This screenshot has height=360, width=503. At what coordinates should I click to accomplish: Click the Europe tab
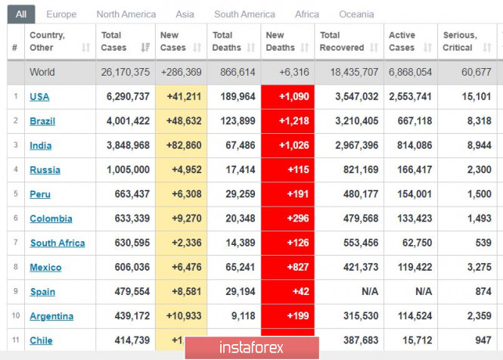click(61, 14)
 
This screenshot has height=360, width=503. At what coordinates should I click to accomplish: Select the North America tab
click(126, 14)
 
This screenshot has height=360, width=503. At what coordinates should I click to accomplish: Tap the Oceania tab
click(356, 14)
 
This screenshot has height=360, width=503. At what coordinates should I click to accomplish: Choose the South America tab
click(244, 14)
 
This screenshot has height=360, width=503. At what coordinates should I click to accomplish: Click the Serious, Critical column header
click(460, 41)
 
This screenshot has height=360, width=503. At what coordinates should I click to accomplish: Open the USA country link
click(39, 97)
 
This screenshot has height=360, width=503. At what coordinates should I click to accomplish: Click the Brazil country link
click(42, 121)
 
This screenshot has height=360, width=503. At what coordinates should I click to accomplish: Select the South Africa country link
click(57, 243)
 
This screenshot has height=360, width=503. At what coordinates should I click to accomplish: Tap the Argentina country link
click(51, 316)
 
